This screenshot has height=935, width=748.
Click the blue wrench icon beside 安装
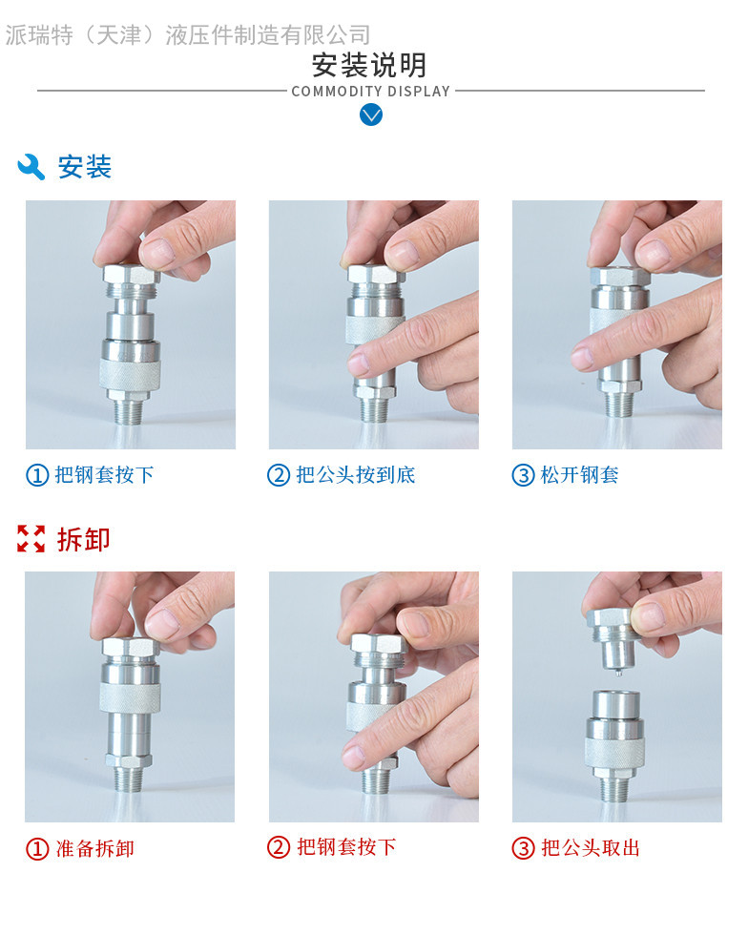click(x=31, y=167)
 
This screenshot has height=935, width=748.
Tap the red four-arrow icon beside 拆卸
click(x=31, y=538)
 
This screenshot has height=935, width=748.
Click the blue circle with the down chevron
click(x=371, y=114)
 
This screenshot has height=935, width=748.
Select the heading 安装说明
click(x=369, y=65)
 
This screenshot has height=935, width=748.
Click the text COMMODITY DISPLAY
click(x=370, y=92)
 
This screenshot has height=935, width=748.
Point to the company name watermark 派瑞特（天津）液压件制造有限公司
click(x=188, y=35)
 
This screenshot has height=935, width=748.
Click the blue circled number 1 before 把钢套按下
click(x=37, y=475)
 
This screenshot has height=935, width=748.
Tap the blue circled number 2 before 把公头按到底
click(x=279, y=475)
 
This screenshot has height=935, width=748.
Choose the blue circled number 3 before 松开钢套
click(x=523, y=475)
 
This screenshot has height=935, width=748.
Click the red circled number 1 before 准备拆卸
click(x=37, y=848)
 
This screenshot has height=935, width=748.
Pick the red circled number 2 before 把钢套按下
click(x=279, y=847)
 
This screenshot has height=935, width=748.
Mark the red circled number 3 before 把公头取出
click(x=523, y=848)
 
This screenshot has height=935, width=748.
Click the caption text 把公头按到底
click(x=356, y=475)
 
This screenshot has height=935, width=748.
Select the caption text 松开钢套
click(x=579, y=475)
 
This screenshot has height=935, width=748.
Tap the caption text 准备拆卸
click(x=94, y=848)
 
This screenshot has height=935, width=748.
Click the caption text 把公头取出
click(x=591, y=848)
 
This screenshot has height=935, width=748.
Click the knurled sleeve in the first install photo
click(x=130, y=374)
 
